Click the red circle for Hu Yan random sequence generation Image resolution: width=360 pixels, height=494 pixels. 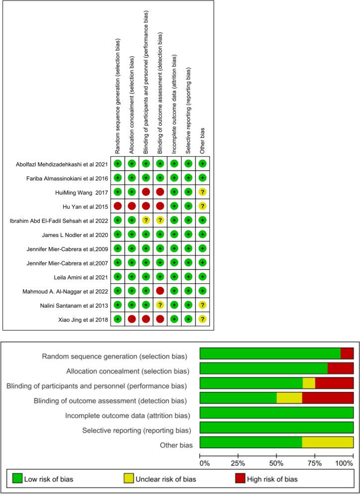[x=118, y=206]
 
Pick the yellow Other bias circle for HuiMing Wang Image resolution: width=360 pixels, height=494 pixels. [x=202, y=191]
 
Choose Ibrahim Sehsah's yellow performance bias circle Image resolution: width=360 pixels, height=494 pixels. [x=146, y=220]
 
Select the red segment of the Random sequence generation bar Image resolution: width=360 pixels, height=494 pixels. [x=347, y=354]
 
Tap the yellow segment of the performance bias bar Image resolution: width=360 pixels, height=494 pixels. [x=309, y=383]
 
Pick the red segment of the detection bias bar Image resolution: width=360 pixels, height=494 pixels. [x=328, y=398]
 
